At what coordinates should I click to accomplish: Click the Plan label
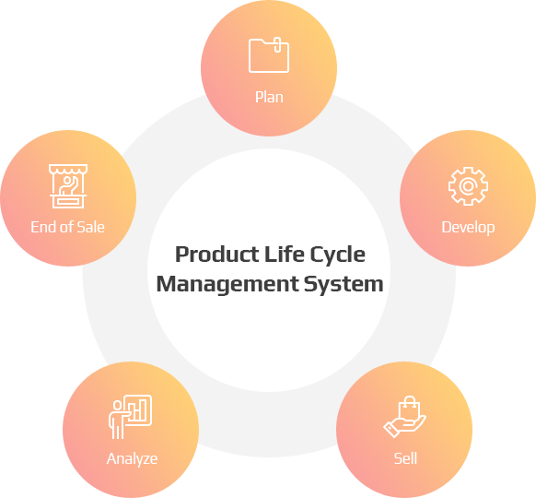(x=269, y=97)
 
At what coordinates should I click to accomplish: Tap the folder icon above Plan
(x=269, y=55)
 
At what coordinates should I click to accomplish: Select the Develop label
(x=468, y=227)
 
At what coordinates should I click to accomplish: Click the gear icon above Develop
(x=468, y=186)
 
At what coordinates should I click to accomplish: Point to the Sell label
(x=405, y=458)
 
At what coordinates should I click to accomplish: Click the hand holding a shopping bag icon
(x=404, y=416)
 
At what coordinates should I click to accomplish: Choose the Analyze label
(x=132, y=458)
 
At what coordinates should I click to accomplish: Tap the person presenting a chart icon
(x=130, y=417)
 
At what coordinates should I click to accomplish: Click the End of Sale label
(x=67, y=227)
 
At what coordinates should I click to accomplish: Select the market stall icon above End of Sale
(x=67, y=186)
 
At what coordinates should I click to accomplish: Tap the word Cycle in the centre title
(x=338, y=255)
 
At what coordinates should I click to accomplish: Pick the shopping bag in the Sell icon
(x=409, y=408)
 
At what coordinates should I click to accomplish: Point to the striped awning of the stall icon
(x=67, y=171)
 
